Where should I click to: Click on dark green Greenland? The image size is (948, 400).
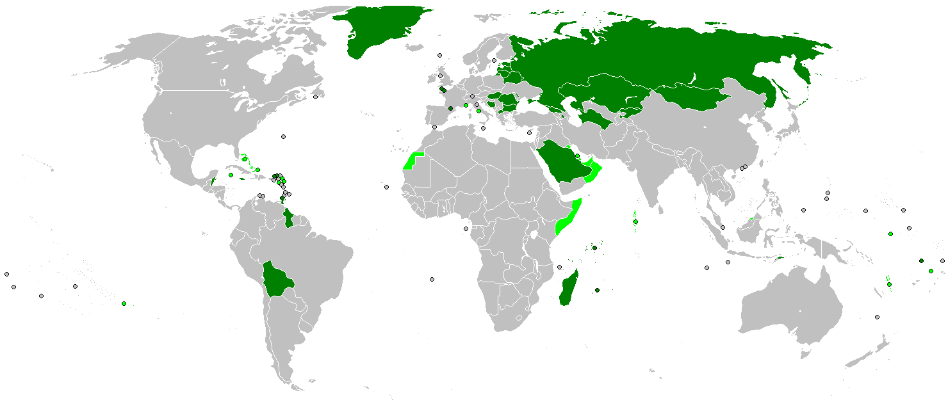[x=378, y=29]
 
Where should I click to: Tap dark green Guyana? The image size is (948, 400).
[x=290, y=216]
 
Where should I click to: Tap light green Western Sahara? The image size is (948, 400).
[x=411, y=162]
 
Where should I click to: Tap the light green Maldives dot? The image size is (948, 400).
[x=635, y=222]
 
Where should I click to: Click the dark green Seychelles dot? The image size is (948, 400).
[x=595, y=248]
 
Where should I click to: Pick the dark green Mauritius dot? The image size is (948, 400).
[x=597, y=291]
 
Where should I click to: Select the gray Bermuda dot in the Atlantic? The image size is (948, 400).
[x=283, y=136]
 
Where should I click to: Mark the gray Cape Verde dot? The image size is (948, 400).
[x=387, y=188]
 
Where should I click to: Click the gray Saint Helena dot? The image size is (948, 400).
[x=432, y=279]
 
